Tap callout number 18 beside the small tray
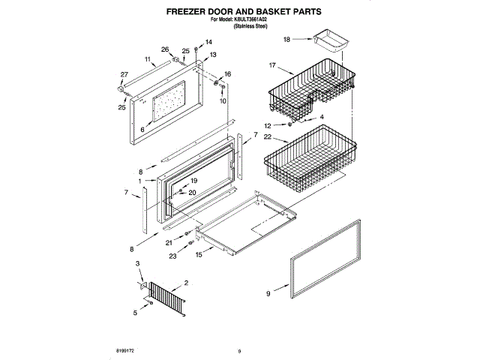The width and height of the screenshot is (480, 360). point(286,37)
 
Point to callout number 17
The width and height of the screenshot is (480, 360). point(274,65)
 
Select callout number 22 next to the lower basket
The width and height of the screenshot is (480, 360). point(277,139)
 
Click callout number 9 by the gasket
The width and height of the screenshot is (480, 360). point(267,295)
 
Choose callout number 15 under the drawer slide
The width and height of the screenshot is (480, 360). point(199,255)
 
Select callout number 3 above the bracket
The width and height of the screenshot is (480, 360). point(138,263)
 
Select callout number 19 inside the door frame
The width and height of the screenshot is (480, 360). point(193,181)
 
